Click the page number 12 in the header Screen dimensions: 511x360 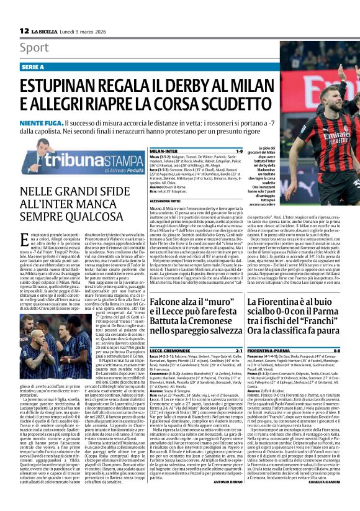(x=24, y=30)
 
